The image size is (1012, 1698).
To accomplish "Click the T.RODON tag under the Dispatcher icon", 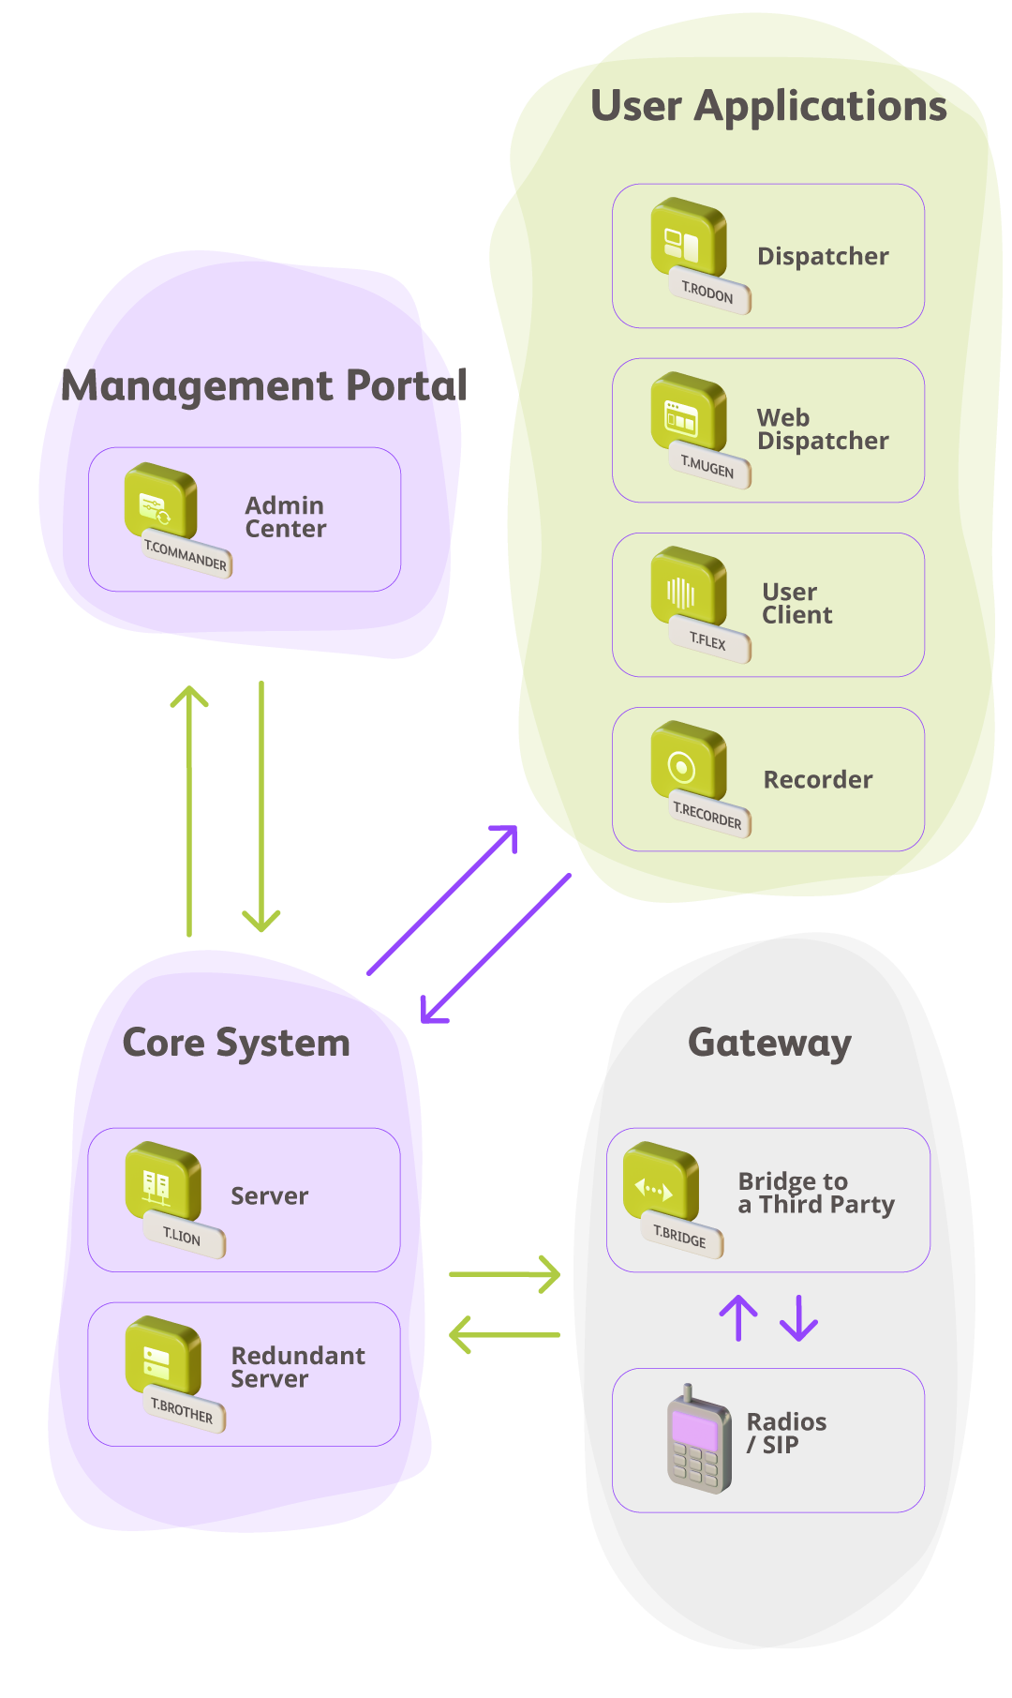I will pyautogui.click(x=708, y=293).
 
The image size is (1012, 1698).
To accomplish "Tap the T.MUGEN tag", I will pyautogui.click(x=708, y=467).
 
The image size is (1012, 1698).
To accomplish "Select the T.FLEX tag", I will pyautogui.click(x=708, y=642).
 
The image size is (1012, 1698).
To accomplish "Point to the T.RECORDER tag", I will pyautogui.click(x=708, y=816).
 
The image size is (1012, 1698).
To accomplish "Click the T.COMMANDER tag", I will pyautogui.click(x=186, y=556).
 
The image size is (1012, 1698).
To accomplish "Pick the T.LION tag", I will pyautogui.click(x=183, y=1238).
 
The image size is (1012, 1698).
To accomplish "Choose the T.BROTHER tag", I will pyautogui.click(x=183, y=1411).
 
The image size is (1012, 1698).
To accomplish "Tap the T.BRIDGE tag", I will pyautogui.click(x=680, y=1238).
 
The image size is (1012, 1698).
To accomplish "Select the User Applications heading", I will pyautogui.click(x=768, y=107).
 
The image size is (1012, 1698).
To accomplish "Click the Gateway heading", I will pyautogui.click(x=769, y=1043).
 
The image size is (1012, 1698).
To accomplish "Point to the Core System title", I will pyautogui.click(x=236, y=1044).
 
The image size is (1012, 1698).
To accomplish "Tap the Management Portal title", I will pyautogui.click(x=264, y=386).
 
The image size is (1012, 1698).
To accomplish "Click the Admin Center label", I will pyautogui.click(x=285, y=518).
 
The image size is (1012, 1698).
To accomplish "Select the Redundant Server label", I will pyautogui.click(x=297, y=1367).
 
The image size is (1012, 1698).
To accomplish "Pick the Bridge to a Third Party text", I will pyautogui.click(x=815, y=1193).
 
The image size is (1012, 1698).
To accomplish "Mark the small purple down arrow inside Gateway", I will pyautogui.click(x=799, y=1318).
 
